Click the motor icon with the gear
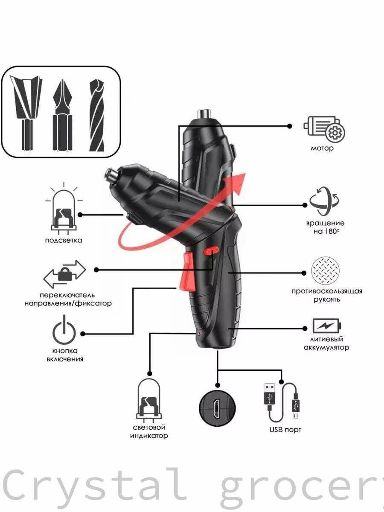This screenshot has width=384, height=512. (x=324, y=129)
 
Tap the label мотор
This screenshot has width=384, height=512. (x=322, y=148)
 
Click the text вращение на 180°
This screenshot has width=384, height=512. (x=325, y=227)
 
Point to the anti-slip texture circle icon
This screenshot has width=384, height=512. (x=326, y=271)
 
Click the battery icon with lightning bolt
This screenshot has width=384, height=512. (x=327, y=326)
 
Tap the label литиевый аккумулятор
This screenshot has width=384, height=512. (x=326, y=343)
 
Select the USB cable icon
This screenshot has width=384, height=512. (x=282, y=403)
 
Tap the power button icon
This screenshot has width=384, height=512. (x=64, y=329)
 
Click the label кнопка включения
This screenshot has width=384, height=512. (x=65, y=355)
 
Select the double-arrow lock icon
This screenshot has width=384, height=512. (x=64, y=274)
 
